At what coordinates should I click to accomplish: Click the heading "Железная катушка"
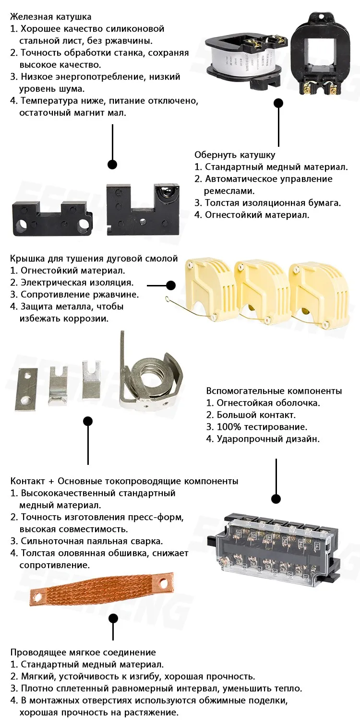pyautogui.click(x=50, y=17)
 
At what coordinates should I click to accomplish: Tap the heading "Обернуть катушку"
pyautogui.click(x=234, y=155)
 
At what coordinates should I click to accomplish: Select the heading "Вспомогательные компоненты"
pyautogui.click(x=274, y=391)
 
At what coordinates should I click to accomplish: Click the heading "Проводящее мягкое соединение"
pyautogui.click(x=83, y=652)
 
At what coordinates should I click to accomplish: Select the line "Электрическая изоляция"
pyautogui.click(x=77, y=283)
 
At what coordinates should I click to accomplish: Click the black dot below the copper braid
pyautogui.click(x=113, y=618)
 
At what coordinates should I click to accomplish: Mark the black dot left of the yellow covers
pyautogui.click(x=171, y=285)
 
